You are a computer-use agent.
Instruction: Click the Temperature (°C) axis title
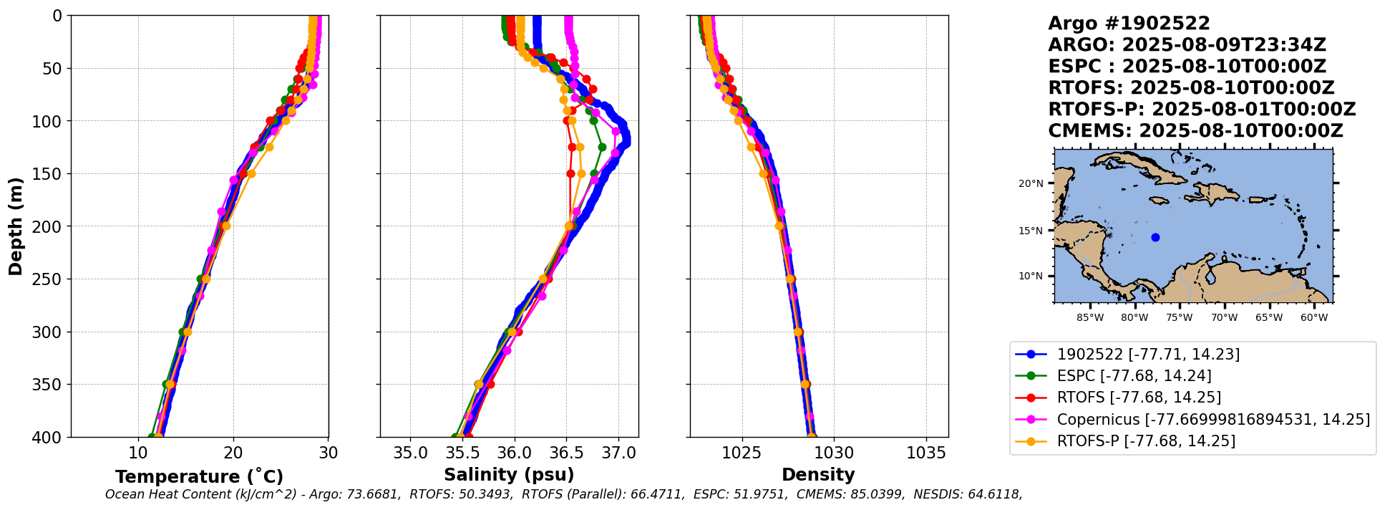[x=199, y=476]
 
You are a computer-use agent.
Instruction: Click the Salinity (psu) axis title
[x=509, y=475]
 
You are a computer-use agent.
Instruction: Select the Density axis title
[x=818, y=475]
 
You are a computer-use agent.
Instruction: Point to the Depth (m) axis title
[x=16, y=226]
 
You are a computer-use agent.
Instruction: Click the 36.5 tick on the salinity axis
[x=565, y=453]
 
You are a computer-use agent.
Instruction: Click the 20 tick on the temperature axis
[x=233, y=453]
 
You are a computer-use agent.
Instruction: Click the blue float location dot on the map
[x=1155, y=237]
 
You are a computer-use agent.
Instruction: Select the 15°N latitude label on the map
[x=1031, y=231]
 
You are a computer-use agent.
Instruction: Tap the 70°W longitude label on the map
[x=1224, y=317]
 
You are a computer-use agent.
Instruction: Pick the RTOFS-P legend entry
[x=1125, y=441]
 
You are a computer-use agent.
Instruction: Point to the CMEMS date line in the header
[x=1195, y=131]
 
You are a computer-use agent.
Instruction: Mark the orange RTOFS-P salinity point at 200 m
[x=568, y=226]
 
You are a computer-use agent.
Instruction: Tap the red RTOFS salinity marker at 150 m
[x=570, y=173]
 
